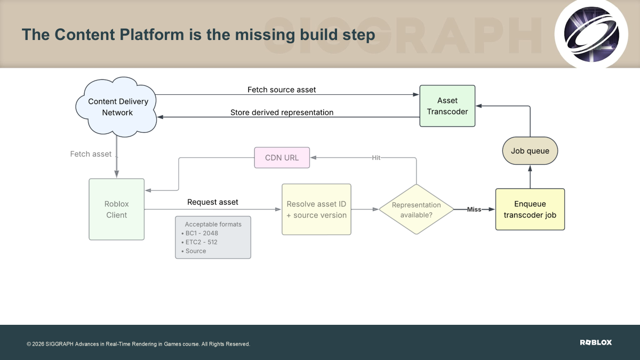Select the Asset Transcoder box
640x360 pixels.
(447, 106)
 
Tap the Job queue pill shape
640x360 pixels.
(530, 151)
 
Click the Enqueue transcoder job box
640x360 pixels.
(530, 210)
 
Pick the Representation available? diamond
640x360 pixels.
(417, 210)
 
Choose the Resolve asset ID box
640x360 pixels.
(317, 210)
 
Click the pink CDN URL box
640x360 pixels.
(282, 158)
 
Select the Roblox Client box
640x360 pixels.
(117, 210)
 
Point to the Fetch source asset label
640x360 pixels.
(282, 90)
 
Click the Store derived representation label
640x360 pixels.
(282, 113)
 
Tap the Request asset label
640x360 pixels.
(213, 202)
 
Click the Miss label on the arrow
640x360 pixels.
(474, 210)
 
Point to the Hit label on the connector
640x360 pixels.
(376, 158)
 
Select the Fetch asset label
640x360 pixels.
(91, 154)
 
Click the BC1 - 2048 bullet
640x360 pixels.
(199, 233)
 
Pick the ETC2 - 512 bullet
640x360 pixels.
(199, 242)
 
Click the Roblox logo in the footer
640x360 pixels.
(596, 342)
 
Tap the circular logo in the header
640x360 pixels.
(591, 34)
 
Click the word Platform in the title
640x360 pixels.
(151, 35)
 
